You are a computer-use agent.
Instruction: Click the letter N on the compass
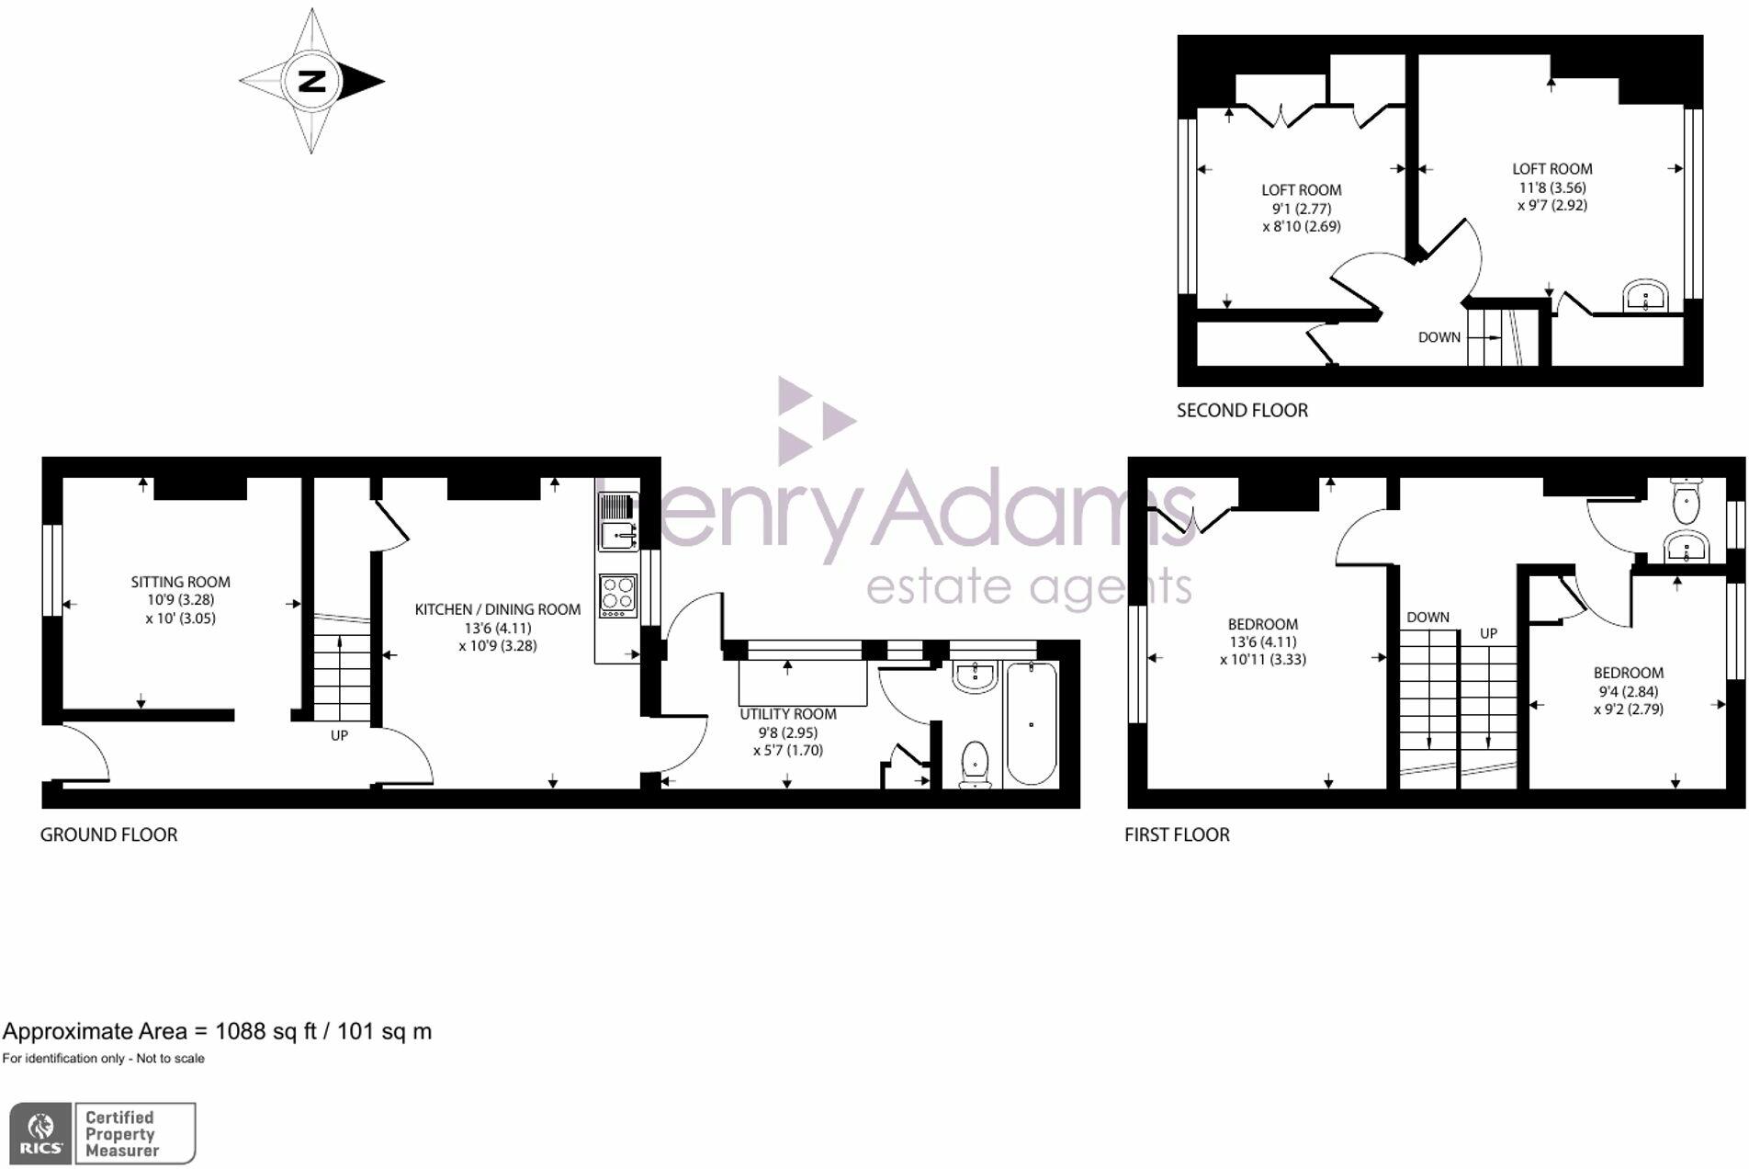pos(312,81)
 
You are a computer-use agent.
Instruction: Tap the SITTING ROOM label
pos(180,582)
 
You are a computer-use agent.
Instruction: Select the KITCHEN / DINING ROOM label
pos(497,609)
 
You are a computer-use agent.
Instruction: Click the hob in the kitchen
pos(617,594)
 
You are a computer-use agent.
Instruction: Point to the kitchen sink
pos(617,532)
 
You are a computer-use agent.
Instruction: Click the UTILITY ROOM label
pos(788,714)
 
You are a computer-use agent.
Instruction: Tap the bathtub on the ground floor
pos(1032,724)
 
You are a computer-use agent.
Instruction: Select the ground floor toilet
pos(975,765)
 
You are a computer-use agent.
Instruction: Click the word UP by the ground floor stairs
pos(339,736)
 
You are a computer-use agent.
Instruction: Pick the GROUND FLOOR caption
pos(108,834)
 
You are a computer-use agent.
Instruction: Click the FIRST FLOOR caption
pos(1177,834)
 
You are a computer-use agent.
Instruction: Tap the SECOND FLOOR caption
pos(1242,411)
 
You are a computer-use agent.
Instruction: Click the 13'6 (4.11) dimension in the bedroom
pos(1262,641)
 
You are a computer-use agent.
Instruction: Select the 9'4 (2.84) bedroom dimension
pos(1628,691)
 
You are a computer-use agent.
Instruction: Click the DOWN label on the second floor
pos(1439,337)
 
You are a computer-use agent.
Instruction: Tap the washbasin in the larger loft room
pos(1645,297)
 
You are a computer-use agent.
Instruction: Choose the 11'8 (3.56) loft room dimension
pos(1552,187)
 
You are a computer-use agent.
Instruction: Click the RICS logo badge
pos(41,1133)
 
